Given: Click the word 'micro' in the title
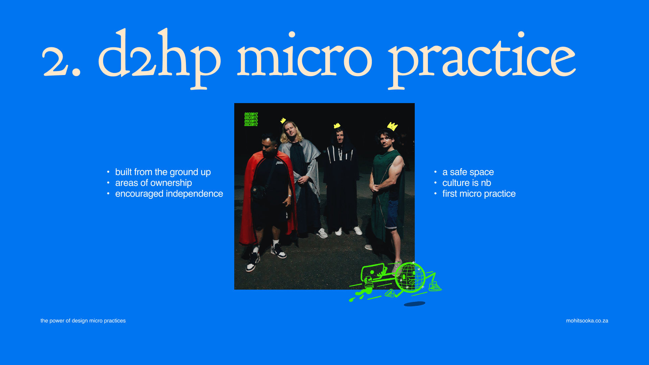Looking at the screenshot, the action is click(304, 54).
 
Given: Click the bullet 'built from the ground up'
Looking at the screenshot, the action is click(163, 172).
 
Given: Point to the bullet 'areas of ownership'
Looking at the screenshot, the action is click(153, 183).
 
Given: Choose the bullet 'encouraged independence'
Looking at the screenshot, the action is click(169, 194).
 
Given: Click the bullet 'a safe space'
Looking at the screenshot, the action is click(468, 172).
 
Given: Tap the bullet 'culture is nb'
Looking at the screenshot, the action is click(467, 183).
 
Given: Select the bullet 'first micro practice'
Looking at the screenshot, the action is click(479, 194).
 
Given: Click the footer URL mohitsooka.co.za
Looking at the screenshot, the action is click(587, 321).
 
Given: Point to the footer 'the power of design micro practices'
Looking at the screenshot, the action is click(83, 321).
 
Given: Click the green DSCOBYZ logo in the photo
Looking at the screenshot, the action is click(251, 120).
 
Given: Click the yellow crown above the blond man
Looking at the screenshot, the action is click(283, 120).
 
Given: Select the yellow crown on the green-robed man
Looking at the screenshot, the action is click(392, 126).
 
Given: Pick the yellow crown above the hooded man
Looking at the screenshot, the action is click(337, 126).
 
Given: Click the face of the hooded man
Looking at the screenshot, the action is click(340, 136).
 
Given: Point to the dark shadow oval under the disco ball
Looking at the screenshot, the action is click(414, 304).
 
